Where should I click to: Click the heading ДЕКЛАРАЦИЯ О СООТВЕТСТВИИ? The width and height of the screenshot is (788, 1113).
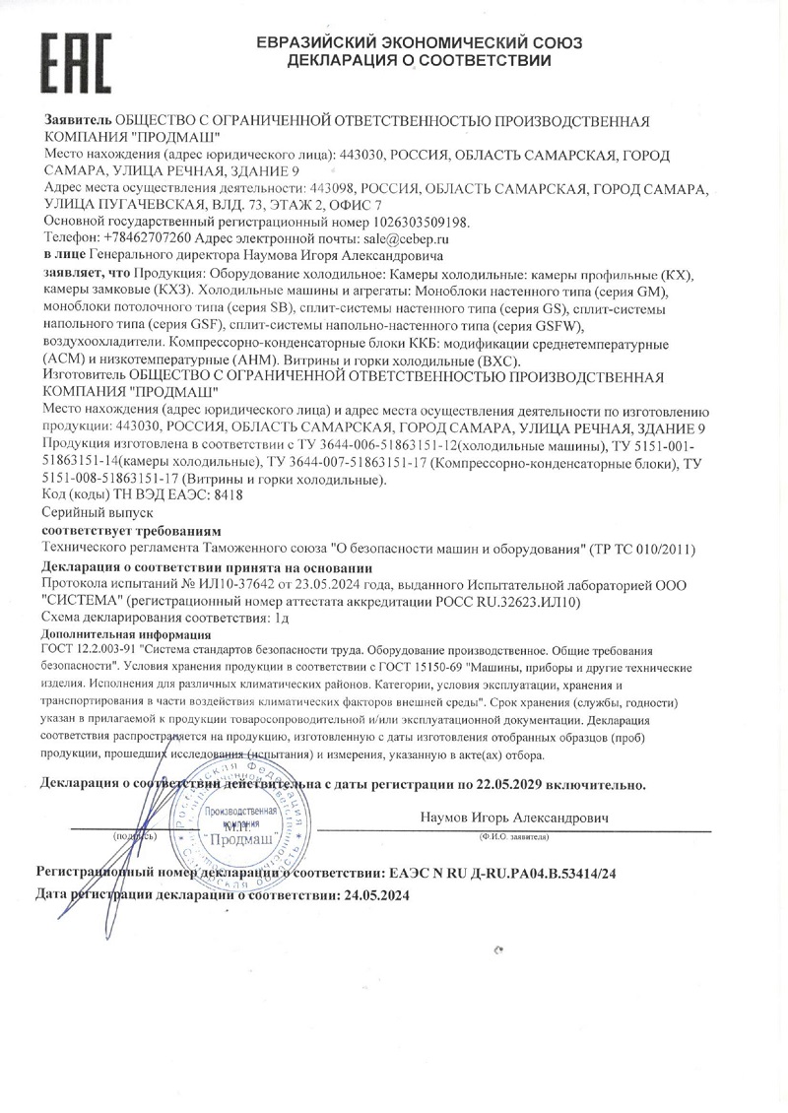click(419, 61)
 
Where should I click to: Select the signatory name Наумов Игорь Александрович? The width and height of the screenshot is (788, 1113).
click(514, 818)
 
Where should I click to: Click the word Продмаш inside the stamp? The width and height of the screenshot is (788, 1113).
click(242, 839)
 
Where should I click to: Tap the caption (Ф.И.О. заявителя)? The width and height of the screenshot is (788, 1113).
click(514, 835)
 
